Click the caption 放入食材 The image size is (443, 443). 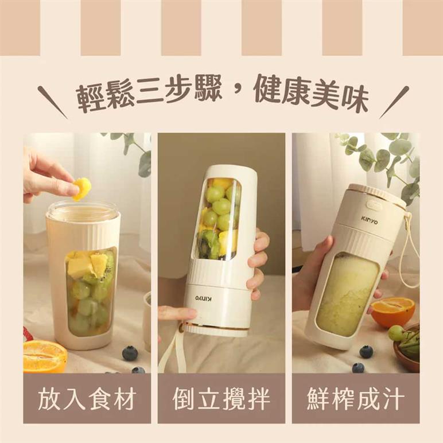pos(87,399)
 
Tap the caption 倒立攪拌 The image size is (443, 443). pos(222,399)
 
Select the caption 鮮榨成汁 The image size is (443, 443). pos(356,399)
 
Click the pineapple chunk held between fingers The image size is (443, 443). pos(82,188)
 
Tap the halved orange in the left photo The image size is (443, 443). pos(45,356)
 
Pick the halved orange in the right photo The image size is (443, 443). pos(393,312)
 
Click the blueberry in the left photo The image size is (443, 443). pos(130,353)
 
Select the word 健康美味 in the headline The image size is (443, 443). pos(312,95)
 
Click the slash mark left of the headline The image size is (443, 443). pos(53,102)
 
